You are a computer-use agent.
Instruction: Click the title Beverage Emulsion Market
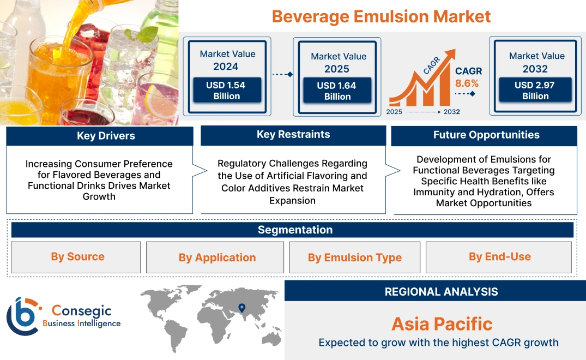[381, 16]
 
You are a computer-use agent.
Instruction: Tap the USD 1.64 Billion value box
[337, 91]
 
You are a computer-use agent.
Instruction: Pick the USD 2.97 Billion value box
[535, 91]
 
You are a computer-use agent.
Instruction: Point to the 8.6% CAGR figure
[467, 83]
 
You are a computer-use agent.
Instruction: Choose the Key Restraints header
[293, 135]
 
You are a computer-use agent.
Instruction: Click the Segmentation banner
[295, 230]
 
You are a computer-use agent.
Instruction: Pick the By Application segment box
[217, 257]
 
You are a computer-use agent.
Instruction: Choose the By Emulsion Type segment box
[354, 257]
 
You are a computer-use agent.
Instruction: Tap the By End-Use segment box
[499, 257]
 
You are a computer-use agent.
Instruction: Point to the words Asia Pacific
[442, 324]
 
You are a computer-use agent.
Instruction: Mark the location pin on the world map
[241, 309]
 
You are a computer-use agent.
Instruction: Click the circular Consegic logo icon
[22, 316]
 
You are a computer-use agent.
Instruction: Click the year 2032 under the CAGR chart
[451, 112]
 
